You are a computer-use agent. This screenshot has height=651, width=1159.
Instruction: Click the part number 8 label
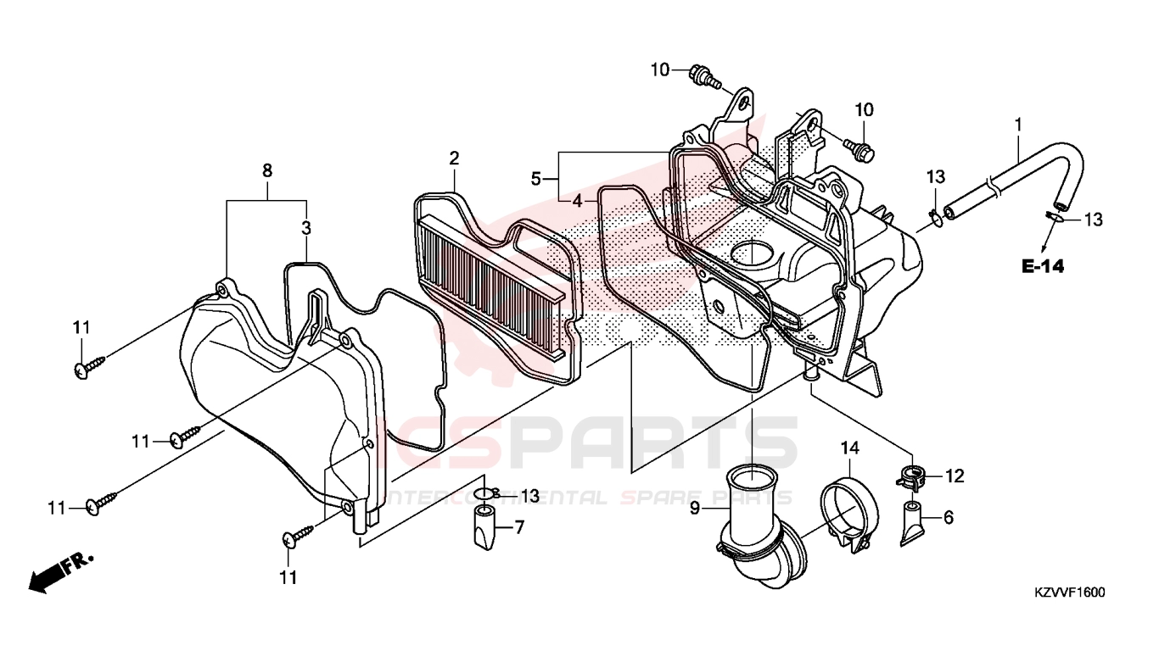[x=267, y=170]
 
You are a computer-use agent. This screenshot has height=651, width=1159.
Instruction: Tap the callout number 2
[x=454, y=159]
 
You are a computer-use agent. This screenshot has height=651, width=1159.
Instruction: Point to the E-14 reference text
[x=1043, y=266]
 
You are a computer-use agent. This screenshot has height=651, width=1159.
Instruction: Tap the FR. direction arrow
[x=61, y=573]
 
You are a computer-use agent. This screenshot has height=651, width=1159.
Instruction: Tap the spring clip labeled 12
[x=910, y=478]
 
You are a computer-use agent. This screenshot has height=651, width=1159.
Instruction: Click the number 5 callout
[x=535, y=180]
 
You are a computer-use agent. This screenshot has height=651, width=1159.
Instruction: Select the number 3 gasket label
[x=306, y=228]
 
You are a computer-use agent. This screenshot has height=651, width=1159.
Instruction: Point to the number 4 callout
[x=577, y=201]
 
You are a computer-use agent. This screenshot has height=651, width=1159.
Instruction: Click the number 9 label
[x=694, y=509]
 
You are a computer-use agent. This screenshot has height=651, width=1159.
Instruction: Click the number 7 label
[x=519, y=527]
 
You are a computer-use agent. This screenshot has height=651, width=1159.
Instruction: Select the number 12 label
[x=955, y=476]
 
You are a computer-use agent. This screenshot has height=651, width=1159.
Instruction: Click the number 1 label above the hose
[x=1018, y=125]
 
